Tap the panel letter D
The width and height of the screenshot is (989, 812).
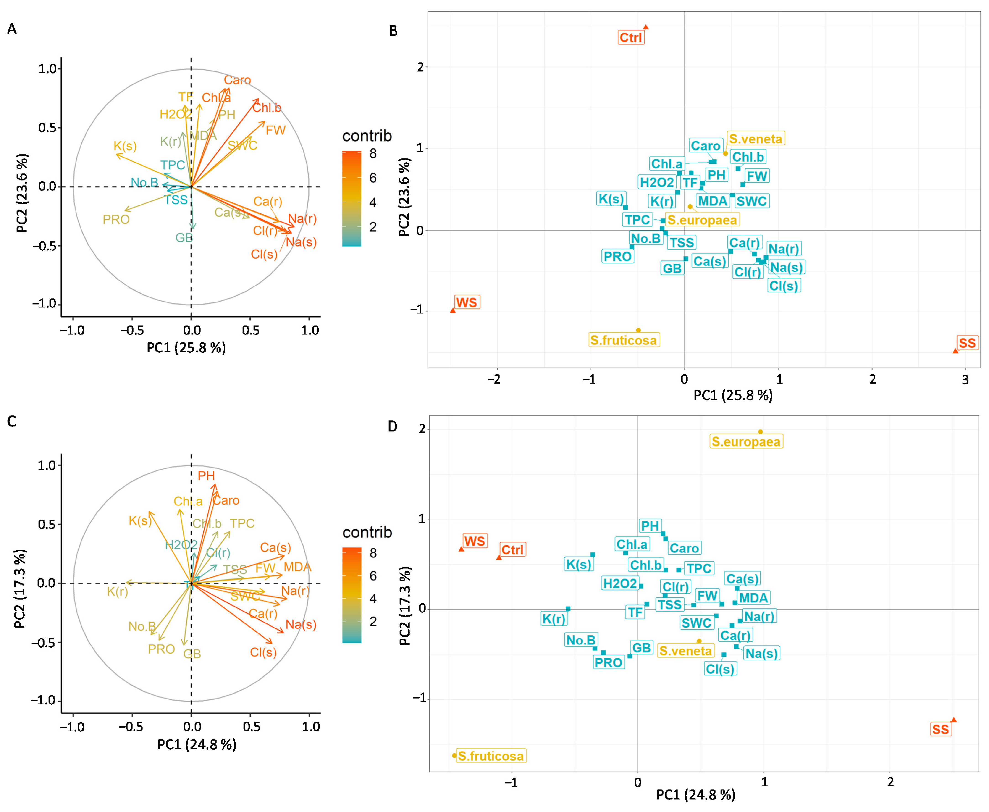coord(392,427)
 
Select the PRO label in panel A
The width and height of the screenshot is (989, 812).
coord(116,219)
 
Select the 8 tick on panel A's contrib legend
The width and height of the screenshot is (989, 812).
coord(373,153)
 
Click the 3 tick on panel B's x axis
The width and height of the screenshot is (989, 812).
coord(965,379)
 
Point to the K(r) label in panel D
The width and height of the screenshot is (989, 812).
coord(554,619)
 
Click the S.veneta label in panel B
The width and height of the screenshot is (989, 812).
coord(755,139)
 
